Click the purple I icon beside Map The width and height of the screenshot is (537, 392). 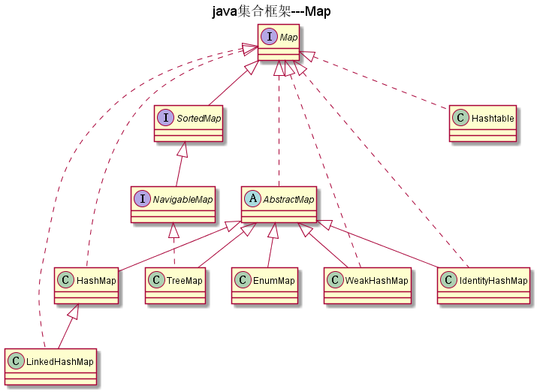click(x=269, y=37)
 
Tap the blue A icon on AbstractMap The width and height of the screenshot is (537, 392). click(x=253, y=199)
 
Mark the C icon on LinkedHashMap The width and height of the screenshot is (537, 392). click(x=15, y=361)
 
